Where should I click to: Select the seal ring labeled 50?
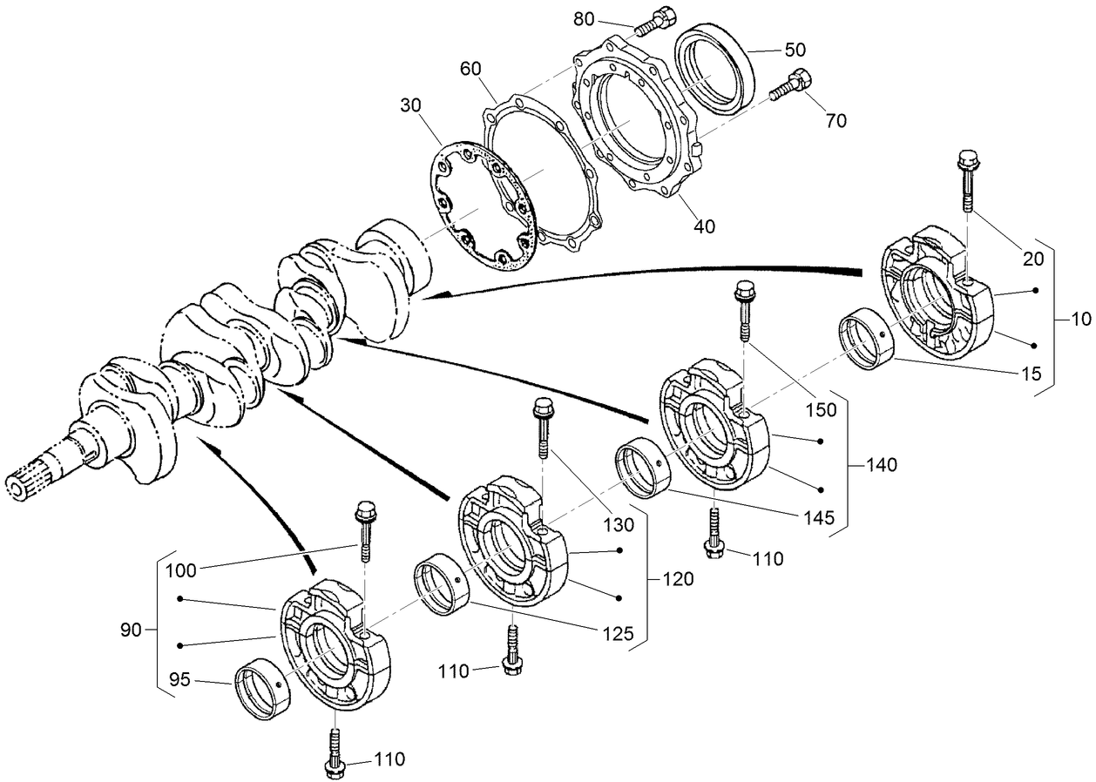tap(714, 68)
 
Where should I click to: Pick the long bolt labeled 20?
tap(968, 182)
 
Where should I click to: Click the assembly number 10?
tap(1080, 320)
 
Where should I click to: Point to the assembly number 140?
tap(882, 466)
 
